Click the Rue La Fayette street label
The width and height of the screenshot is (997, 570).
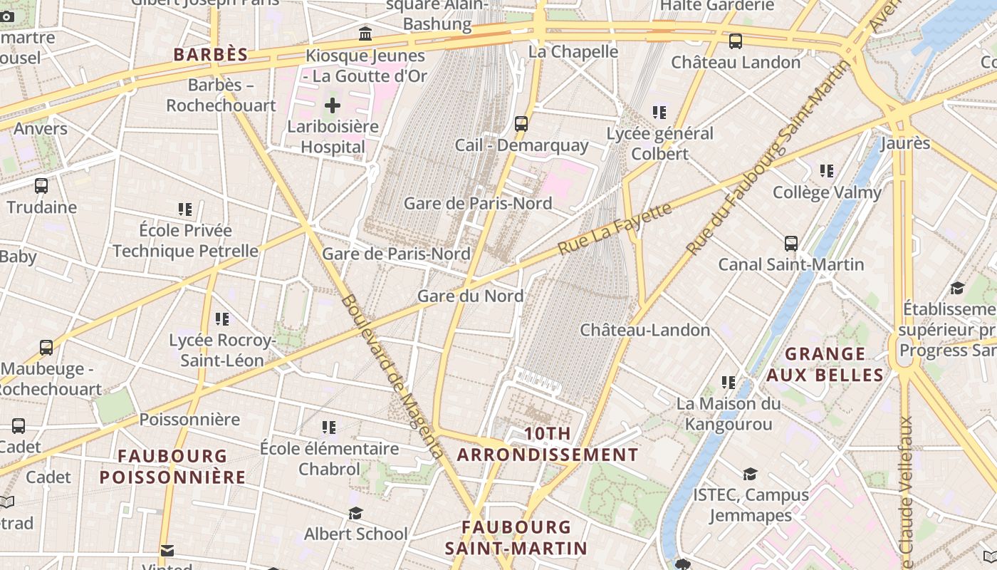click(x=614, y=229)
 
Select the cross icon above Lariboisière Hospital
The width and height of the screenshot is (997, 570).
click(x=333, y=106)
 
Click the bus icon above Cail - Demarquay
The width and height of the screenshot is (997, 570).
click(x=521, y=124)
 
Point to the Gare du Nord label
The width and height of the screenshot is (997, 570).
click(x=470, y=296)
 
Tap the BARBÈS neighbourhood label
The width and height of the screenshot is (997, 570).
click(x=211, y=55)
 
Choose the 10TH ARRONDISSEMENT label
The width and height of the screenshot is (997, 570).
click(x=548, y=444)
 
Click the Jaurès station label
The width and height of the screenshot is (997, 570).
click(x=905, y=143)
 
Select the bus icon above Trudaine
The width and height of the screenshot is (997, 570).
click(x=41, y=186)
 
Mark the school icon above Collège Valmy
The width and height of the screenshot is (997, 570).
click(x=826, y=171)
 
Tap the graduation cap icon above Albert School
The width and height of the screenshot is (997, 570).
click(x=355, y=513)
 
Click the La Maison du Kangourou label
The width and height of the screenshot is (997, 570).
click(x=728, y=414)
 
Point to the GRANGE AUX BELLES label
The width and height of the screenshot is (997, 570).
click(x=825, y=364)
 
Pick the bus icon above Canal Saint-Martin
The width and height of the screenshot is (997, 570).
click(x=790, y=244)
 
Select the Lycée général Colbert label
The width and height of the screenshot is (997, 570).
click(x=659, y=143)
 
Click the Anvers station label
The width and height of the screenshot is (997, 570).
click(x=41, y=129)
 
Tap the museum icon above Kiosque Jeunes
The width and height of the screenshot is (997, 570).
click(x=365, y=33)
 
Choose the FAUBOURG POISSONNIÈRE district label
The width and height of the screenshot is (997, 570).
click(x=172, y=466)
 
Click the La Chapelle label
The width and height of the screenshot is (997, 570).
click(x=573, y=51)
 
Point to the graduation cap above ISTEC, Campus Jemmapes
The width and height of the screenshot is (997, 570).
click(x=750, y=474)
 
